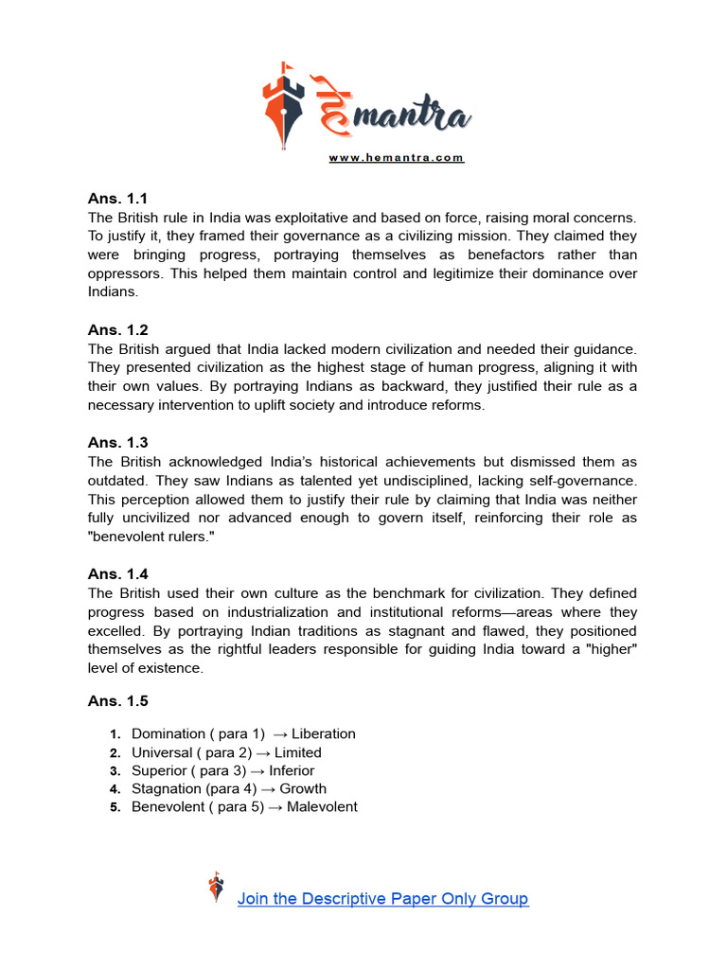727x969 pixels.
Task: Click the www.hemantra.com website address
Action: (397, 158)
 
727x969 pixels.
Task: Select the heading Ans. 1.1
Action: (118, 199)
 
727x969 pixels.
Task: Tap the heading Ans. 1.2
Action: (118, 330)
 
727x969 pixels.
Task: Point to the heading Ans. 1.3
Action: (118, 443)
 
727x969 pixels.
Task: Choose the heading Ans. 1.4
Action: (118, 574)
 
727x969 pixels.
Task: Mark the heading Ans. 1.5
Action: (118, 702)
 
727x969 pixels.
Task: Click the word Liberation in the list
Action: (324, 734)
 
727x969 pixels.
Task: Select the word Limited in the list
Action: (298, 753)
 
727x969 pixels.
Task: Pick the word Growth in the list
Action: (303, 789)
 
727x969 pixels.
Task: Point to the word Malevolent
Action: (322, 807)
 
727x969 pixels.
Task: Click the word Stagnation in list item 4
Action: (166, 789)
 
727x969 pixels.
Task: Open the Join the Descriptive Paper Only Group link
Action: (382, 899)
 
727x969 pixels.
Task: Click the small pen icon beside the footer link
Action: (217, 888)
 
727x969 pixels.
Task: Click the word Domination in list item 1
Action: (168, 734)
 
